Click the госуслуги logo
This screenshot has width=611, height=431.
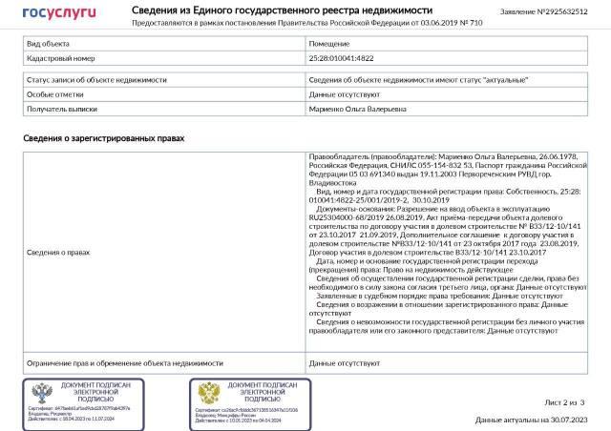click(59, 12)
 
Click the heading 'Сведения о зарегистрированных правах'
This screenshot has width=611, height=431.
click(103, 138)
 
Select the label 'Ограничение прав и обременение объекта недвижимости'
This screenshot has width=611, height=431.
click(125, 363)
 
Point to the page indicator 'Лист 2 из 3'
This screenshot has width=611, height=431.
click(564, 403)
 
